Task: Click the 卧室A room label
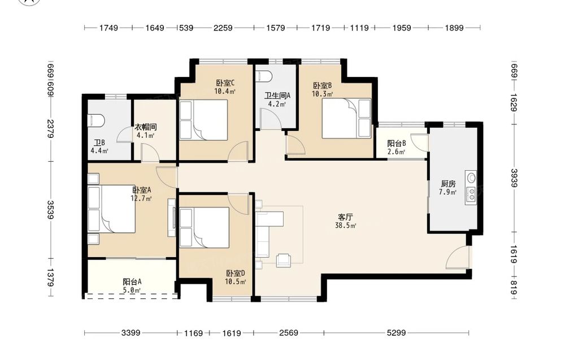click(142, 190)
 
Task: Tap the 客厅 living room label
click(345, 217)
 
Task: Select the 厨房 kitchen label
click(448, 184)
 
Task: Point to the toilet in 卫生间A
click(263, 77)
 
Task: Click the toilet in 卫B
click(96, 120)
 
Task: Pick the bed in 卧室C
click(204, 120)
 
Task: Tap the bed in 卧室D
click(205, 227)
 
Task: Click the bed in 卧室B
click(346, 118)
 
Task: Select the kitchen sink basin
click(471, 177)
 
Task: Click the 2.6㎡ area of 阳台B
click(396, 151)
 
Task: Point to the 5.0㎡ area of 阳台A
click(132, 290)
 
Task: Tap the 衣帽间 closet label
click(146, 127)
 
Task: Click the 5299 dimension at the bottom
click(397, 333)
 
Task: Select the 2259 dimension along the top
click(223, 28)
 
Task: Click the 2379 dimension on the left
click(50, 129)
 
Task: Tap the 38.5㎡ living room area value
click(346, 226)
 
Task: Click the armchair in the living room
click(284, 260)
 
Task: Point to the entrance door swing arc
click(455, 254)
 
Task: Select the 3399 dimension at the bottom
click(131, 333)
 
